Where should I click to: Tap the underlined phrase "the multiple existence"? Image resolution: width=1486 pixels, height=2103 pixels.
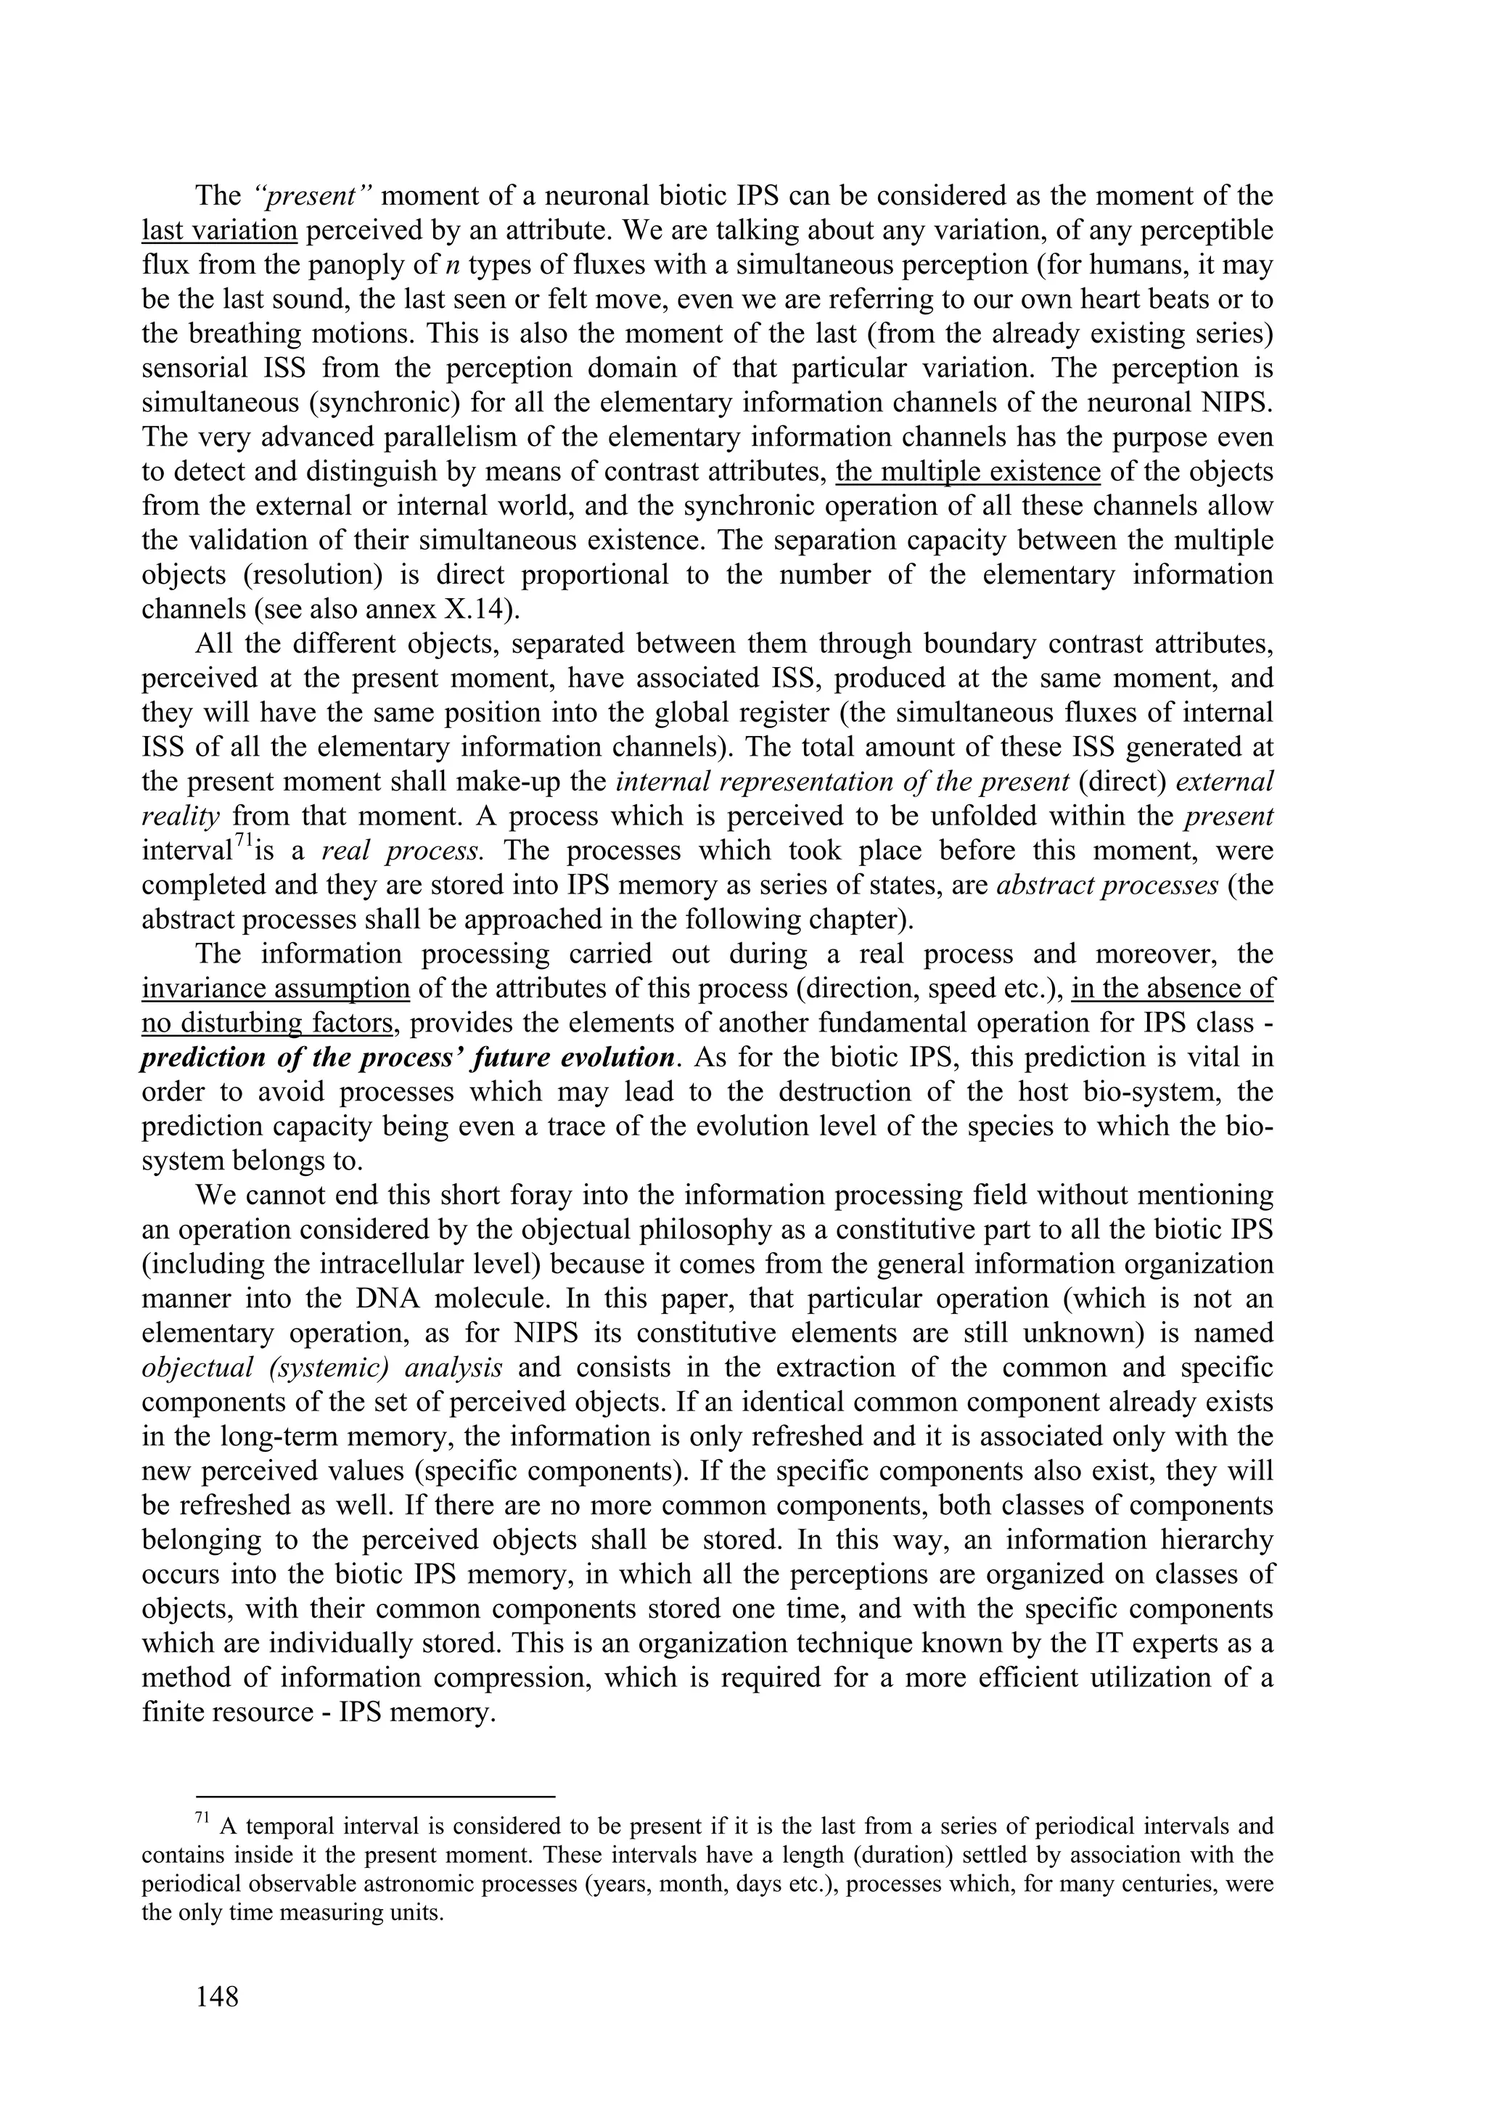[968, 472]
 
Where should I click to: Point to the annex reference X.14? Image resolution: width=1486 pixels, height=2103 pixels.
[472, 610]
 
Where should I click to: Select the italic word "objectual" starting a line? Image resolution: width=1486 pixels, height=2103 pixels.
[198, 1368]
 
